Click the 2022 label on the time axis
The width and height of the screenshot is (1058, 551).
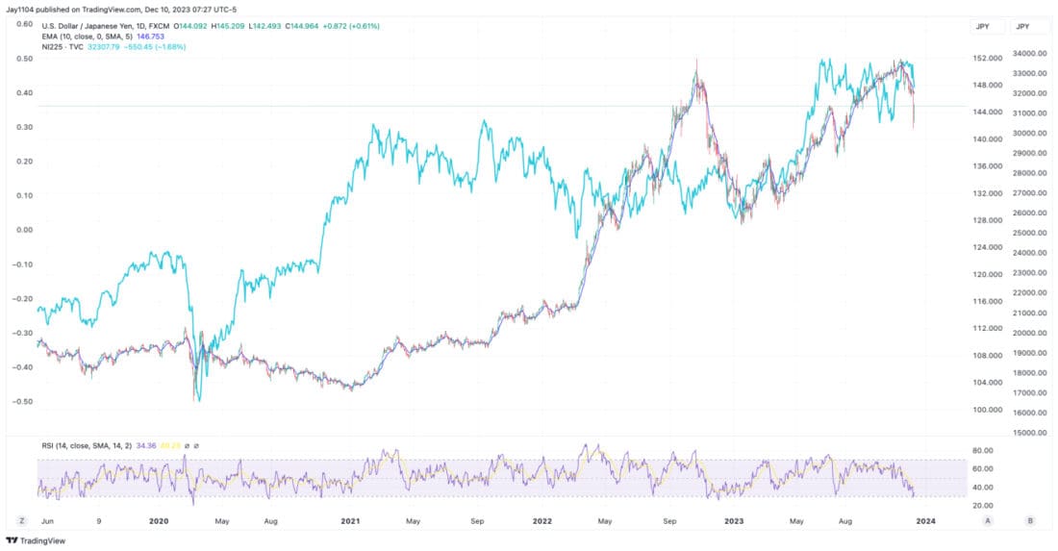click(543, 520)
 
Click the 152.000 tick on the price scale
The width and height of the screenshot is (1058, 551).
click(984, 59)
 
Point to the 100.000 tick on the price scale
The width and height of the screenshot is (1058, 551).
click(984, 410)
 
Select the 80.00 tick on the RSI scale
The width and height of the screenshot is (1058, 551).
click(983, 450)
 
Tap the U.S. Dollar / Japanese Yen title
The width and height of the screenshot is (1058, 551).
click(92, 26)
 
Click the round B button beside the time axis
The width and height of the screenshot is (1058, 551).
click(1030, 520)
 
